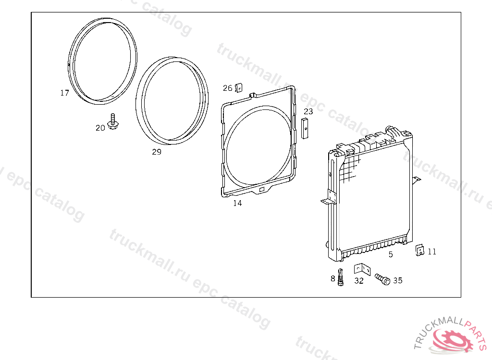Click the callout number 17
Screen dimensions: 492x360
[x=65, y=93]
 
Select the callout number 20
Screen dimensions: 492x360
[x=100, y=128]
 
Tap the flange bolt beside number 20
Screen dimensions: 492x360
[x=113, y=121]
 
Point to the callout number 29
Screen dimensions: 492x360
[x=157, y=152]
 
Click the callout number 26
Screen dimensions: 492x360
[x=227, y=88]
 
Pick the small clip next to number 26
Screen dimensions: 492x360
[x=239, y=88]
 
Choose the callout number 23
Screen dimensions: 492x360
[x=308, y=111]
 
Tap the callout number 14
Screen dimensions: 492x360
[x=237, y=203]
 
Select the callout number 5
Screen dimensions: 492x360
[x=391, y=254]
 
